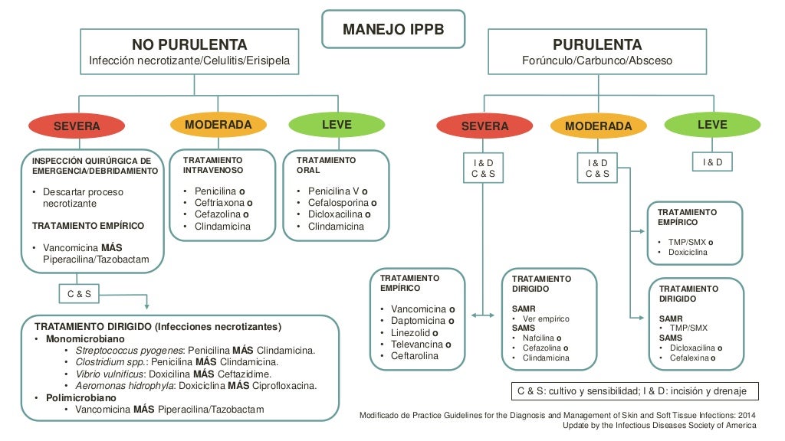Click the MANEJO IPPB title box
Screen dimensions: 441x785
coord(392,30)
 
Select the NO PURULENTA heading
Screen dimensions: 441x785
coord(189,44)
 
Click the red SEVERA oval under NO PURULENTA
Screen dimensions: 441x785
coord(77,126)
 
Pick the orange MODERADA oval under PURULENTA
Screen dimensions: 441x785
coord(598,126)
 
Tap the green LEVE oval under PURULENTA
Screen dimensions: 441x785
coord(712,124)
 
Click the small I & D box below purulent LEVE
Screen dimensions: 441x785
coord(712,162)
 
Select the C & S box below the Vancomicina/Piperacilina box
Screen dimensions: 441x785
coord(80,294)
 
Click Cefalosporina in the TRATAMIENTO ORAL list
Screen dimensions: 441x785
coord(338,203)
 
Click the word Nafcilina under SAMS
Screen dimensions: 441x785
coord(538,338)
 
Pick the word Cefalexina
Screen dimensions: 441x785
coord(688,358)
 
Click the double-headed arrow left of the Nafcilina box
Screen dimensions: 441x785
coord(483,315)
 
